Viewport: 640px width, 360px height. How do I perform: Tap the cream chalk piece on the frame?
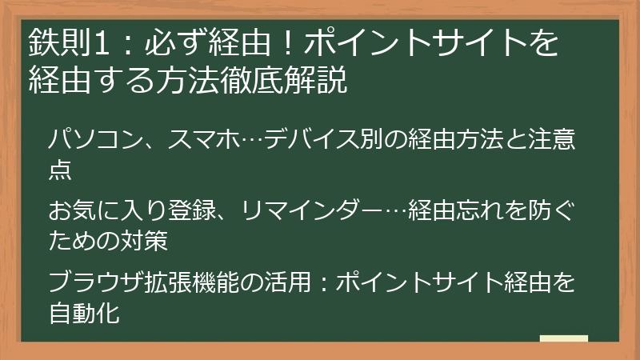tap(564, 339)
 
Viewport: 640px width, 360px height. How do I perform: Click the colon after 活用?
tap(322, 282)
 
